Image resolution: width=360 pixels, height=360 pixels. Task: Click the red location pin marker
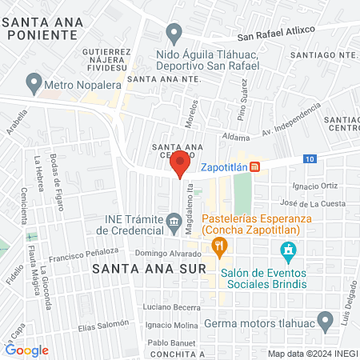[x=181, y=164]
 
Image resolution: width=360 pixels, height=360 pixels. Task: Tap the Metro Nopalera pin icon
[x=34, y=82]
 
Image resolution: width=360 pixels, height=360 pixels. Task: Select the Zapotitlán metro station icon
[x=255, y=166]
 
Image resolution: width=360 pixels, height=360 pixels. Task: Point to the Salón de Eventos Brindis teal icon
[x=287, y=254]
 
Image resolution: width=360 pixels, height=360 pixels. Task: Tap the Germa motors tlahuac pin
[x=324, y=323]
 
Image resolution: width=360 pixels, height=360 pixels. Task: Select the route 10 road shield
[x=309, y=159]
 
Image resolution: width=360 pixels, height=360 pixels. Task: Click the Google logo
[x=26, y=350]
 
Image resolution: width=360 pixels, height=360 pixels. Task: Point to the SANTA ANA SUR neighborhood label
[x=149, y=269]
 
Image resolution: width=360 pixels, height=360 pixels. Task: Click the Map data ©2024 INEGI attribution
[x=311, y=353]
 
